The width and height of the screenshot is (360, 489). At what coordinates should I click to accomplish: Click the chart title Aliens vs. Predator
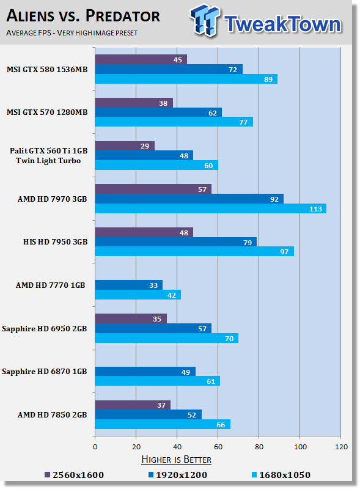click(x=83, y=16)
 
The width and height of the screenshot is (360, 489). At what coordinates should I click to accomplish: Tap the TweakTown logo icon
click(x=205, y=20)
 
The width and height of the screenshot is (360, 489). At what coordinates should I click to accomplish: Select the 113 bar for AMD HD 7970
click(x=211, y=208)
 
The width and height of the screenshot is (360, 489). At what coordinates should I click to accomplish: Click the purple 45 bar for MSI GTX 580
click(x=141, y=59)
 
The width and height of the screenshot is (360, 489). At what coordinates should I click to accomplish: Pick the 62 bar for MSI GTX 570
click(x=158, y=112)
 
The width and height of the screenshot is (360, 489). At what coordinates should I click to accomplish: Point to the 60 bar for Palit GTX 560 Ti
click(x=156, y=165)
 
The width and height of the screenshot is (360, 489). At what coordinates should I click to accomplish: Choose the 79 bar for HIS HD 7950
click(x=176, y=242)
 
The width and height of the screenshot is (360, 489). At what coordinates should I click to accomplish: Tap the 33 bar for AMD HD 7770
click(x=129, y=285)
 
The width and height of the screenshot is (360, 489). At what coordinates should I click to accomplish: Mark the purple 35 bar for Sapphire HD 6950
click(x=131, y=318)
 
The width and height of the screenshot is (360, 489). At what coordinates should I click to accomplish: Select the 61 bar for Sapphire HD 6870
click(x=158, y=381)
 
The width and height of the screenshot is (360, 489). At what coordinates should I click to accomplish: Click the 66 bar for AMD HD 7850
click(x=163, y=424)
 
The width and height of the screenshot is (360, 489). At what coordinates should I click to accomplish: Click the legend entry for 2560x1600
click(x=74, y=475)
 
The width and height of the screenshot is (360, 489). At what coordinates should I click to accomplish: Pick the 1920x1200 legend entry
click(x=178, y=475)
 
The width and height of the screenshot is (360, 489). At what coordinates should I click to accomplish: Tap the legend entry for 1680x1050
click(x=281, y=475)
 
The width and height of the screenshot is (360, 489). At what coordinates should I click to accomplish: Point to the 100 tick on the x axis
click(x=300, y=447)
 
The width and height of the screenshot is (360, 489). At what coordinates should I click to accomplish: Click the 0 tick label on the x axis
click(x=95, y=447)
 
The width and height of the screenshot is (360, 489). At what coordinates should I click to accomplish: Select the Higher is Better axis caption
click(x=176, y=460)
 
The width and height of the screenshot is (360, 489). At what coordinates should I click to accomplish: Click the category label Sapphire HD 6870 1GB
click(x=44, y=372)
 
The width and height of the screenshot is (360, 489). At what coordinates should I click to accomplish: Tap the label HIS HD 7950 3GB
click(x=55, y=241)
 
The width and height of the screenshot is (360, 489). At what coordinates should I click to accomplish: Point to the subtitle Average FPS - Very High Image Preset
click(x=72, y=33)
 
